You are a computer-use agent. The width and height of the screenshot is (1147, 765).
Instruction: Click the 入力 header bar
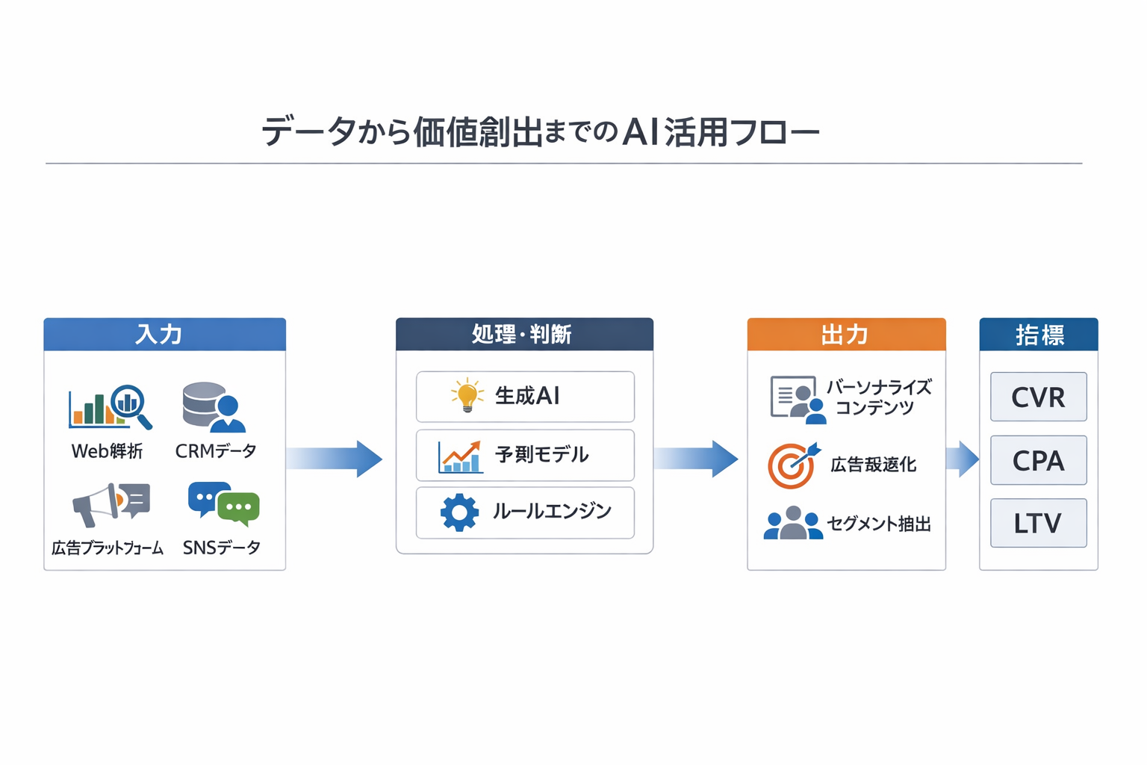pos(164,334)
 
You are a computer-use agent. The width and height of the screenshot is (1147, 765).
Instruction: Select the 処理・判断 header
pos(524,334)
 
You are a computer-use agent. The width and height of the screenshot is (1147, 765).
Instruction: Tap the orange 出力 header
pos(846,334)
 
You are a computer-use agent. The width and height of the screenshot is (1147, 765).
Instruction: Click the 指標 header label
pos(1039,335)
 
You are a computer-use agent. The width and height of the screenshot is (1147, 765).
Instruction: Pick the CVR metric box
pos(1038,397)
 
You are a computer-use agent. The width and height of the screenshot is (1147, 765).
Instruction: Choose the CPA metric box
pos(1038,460)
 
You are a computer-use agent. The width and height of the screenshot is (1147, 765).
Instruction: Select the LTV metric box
pos(1038,523)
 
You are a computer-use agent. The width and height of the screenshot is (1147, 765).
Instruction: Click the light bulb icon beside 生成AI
pos(467,395)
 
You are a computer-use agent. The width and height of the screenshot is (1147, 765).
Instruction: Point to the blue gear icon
pos(459,512)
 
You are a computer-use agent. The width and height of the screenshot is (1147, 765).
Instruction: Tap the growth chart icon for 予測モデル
pos(459,456)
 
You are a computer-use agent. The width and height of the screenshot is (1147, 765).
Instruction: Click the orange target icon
pos(792,465)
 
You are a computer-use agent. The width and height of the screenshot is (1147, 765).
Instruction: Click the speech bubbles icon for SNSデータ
pos(223,504)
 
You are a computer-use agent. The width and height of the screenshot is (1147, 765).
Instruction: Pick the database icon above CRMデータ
pos(213,407)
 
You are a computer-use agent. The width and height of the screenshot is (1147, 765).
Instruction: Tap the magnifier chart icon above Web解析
pos(110,407)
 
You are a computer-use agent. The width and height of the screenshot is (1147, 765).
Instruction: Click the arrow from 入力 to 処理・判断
pos(334,458)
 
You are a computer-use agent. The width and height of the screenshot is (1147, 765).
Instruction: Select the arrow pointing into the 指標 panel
pos(962,459)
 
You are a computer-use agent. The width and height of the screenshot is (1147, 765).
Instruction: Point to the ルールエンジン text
pos(552,512)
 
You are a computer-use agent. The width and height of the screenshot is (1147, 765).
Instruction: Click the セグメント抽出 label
pos(879,524)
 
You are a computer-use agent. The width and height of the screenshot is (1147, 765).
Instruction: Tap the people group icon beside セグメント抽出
pos(792,523)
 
